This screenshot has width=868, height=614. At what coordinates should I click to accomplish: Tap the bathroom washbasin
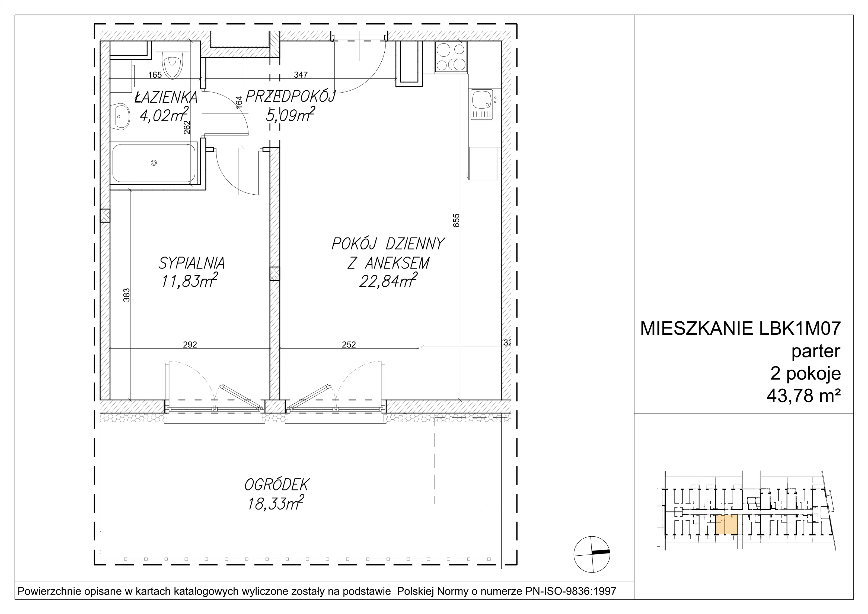point(121,115)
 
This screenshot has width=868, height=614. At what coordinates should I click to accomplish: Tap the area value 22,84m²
point(388,281)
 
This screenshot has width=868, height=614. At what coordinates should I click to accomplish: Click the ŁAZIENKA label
point(166,97)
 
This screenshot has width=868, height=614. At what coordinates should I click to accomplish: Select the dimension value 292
point(190,345)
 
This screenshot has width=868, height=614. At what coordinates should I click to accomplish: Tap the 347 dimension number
point(301,75)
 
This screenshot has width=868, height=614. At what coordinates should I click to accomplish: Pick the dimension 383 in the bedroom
point(127,295)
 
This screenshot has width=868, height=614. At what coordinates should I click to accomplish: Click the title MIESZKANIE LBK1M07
point(740,328)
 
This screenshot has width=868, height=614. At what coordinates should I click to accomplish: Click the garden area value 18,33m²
point(276,504)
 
